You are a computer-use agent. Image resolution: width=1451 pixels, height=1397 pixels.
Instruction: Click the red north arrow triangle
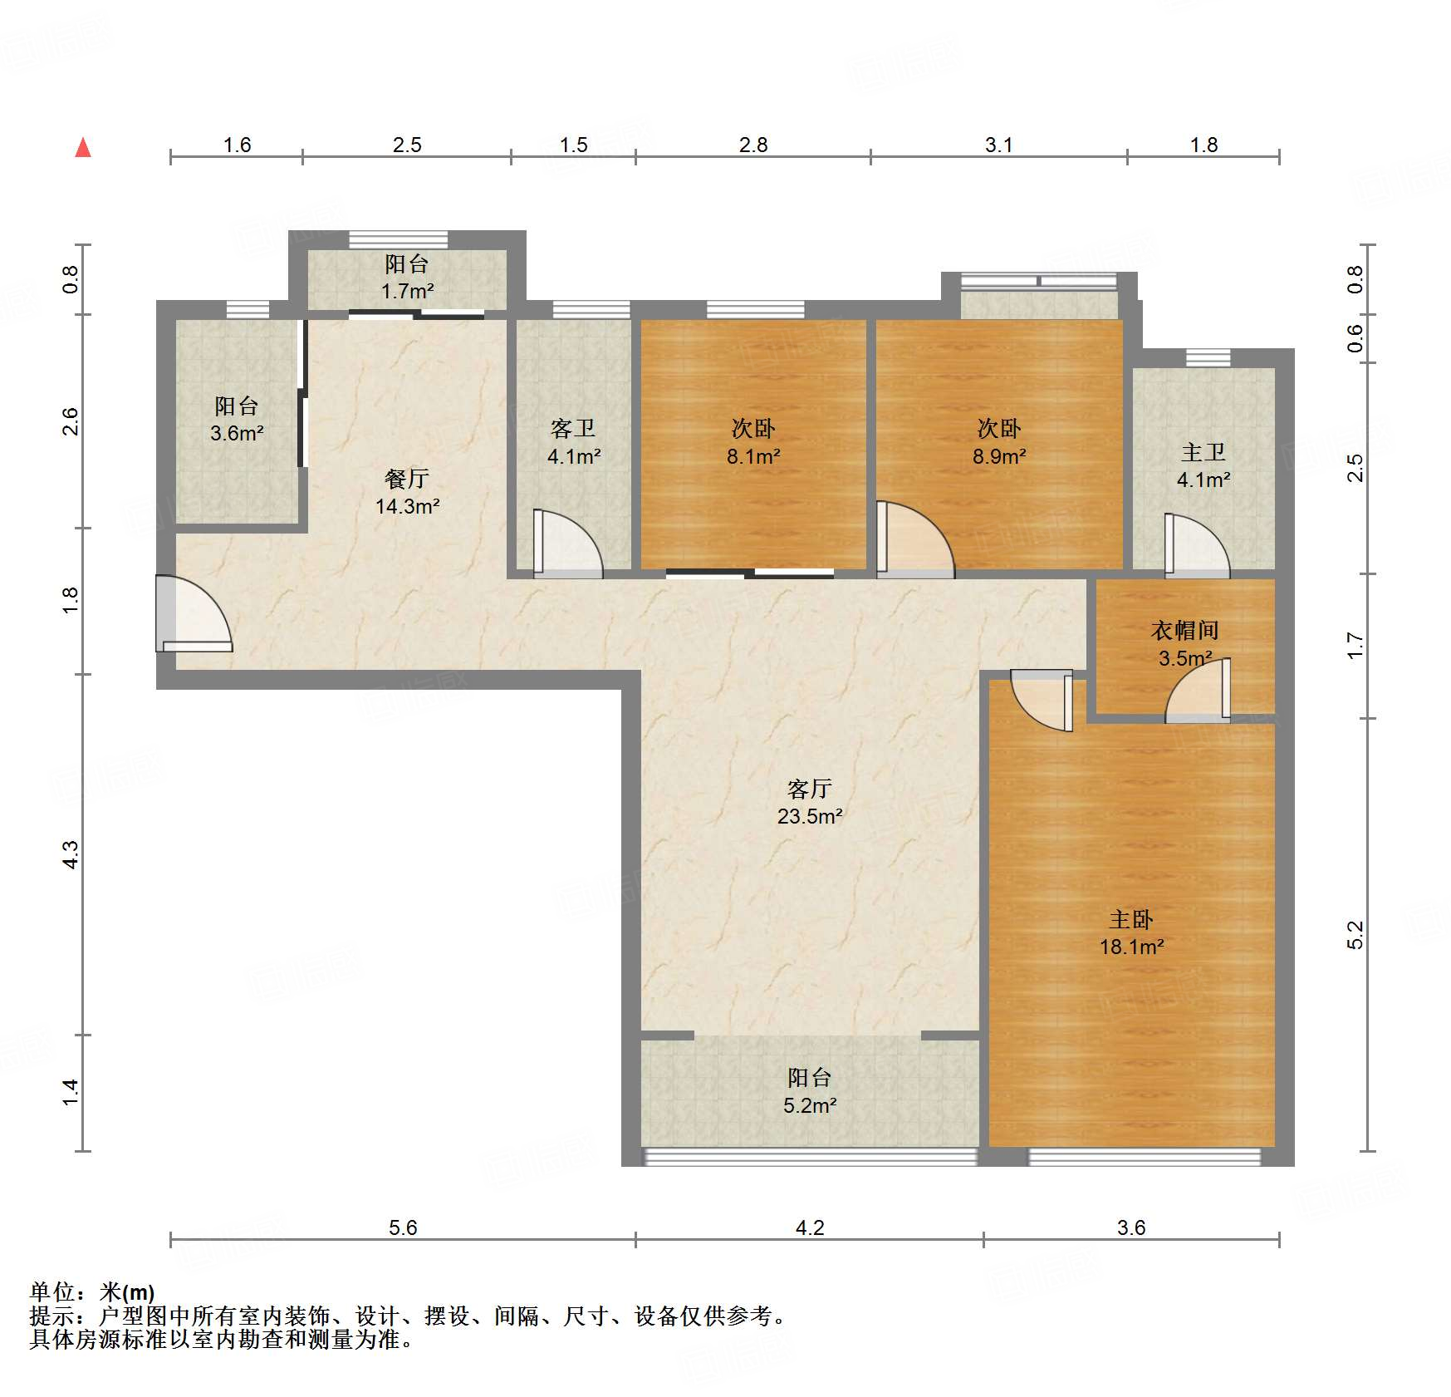point(83,147)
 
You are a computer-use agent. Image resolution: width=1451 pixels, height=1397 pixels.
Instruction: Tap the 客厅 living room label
point(810,788)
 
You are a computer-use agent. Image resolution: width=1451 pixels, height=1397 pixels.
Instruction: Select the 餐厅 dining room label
point(407,478)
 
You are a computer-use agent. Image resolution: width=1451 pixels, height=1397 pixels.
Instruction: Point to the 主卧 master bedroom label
point(1131,919)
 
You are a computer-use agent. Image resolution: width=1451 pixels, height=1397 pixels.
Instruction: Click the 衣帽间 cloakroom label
point(1185,631)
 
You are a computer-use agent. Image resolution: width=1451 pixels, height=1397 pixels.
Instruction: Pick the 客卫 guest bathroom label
point(573,428)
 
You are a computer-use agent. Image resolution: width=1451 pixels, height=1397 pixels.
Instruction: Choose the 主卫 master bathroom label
point(1203,452)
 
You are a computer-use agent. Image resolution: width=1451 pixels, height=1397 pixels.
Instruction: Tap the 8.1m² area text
point(753,456)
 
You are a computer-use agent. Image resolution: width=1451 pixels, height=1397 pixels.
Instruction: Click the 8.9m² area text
point(999,456)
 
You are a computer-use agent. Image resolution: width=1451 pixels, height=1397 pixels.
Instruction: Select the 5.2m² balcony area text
point(810,1105)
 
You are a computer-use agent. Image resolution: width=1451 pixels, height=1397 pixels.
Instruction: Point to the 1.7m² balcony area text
point(407,291)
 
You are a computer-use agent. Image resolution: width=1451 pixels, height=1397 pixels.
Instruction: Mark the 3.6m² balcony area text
point(237,433)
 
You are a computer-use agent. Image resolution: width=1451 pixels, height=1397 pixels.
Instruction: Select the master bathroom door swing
point(1197,546)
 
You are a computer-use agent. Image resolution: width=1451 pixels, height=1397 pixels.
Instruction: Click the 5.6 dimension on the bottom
point(403,1227)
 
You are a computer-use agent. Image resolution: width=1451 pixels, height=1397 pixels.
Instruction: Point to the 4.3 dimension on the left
point(71,855)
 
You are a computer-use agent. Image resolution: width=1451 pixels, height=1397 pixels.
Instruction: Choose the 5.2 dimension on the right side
point(1355,935)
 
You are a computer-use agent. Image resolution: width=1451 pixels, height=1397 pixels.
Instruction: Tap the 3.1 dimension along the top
point(998,145)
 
